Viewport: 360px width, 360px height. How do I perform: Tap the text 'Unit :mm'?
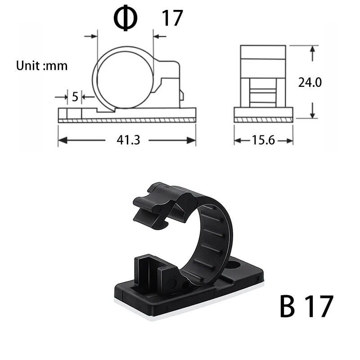point(42,66)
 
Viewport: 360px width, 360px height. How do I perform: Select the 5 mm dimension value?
point(75,96)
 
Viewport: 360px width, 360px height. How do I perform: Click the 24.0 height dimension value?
point(310,82)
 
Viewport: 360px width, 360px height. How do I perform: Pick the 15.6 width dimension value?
point(263,140)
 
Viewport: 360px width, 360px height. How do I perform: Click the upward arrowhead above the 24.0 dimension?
point(312,51)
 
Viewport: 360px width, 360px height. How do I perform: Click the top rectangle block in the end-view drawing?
point(263,52)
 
